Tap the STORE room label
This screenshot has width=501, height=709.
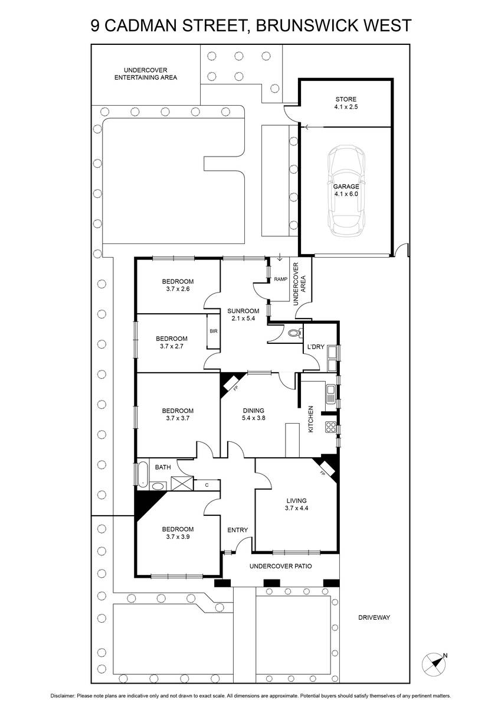[346, 99]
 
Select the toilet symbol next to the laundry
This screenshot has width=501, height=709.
[296, 333]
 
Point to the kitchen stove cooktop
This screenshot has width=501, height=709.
[330, 427]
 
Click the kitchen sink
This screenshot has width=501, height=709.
[330, 393]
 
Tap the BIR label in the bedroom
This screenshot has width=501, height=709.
[214, 331]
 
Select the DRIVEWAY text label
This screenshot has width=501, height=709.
[374, 617]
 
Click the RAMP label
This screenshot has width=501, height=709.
[281, 279]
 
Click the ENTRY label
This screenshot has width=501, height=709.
[237, 530]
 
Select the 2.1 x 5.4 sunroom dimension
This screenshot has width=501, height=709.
[243, 318]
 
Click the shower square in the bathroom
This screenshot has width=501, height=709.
[182, 483]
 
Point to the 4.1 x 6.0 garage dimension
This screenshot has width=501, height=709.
[346, 194]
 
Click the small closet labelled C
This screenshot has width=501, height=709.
[207, 485]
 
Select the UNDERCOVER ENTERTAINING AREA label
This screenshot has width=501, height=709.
[146, 74]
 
